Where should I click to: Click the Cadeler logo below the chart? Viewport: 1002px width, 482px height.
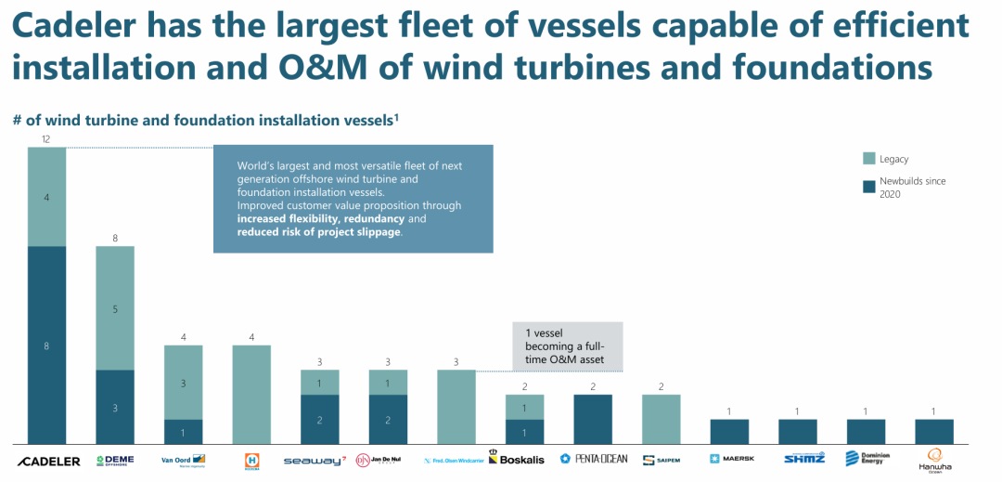pos(49,461)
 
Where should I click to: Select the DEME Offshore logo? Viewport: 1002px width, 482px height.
pos(115,460)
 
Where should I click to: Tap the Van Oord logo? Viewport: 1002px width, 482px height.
pos(183,460)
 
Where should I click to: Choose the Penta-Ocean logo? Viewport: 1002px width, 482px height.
pos(594,459)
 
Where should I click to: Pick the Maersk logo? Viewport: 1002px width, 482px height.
pos(729,459)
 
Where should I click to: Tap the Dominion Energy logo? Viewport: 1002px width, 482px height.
pos(867,459)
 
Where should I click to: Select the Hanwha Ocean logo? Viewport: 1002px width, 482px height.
pos(934,460)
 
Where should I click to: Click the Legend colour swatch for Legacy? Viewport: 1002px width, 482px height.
pos(869,159)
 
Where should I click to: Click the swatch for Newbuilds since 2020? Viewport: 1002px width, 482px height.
pos(869,187)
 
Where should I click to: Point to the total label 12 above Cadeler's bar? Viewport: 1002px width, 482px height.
pos(45,139)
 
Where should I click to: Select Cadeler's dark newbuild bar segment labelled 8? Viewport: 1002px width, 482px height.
pos(46,345)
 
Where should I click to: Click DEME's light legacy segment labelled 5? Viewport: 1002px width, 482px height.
pos(115,308)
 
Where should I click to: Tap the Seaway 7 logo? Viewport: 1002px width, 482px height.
pos(315,460)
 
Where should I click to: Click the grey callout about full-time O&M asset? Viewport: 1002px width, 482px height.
pos(567,346)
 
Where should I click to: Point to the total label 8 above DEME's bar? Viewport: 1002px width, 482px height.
pos(115,239)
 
